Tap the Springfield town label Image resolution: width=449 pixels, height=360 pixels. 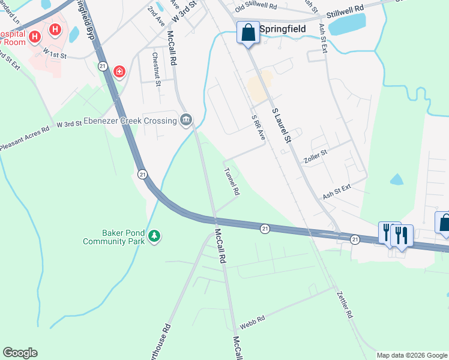[x=283, y=29]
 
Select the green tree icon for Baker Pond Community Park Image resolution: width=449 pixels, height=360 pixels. [x=155, y=236]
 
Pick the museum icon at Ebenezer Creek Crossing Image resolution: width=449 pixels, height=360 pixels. [x=186, y=121]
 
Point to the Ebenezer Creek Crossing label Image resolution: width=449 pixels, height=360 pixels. [x=130, y=121]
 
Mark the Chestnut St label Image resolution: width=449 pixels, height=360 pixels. [x=157, y=69]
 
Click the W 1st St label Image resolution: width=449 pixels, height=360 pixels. [x=54, y=53]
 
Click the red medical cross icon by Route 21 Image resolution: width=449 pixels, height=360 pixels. [x=119, y=72]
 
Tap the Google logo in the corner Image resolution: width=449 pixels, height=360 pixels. [x=20, y=353]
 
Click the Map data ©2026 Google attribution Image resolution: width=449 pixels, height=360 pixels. [x=412, y=355]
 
